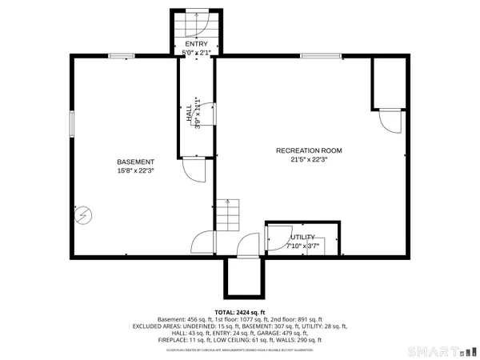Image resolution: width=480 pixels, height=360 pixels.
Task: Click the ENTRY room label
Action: [196, 43]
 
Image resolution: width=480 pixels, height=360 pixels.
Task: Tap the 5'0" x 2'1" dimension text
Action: [196, 53]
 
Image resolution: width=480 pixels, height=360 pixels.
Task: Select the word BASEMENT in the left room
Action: [134, 161]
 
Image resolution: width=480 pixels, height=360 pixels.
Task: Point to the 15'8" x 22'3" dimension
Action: [134, 170]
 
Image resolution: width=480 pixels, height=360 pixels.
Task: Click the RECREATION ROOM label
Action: [309, 150]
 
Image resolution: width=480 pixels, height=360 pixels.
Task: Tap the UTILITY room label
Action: [302, 238]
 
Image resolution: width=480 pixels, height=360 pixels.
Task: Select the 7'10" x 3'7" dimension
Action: [302, 246]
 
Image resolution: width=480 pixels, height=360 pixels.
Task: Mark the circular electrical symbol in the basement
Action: [84, 215]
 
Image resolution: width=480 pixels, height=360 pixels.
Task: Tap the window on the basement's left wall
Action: [71, 125]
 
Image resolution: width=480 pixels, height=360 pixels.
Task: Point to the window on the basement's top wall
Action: [122, 55]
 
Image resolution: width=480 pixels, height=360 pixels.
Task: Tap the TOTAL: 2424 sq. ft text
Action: [239, 311]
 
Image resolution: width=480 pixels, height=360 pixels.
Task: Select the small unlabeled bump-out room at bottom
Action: [239, 277]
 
